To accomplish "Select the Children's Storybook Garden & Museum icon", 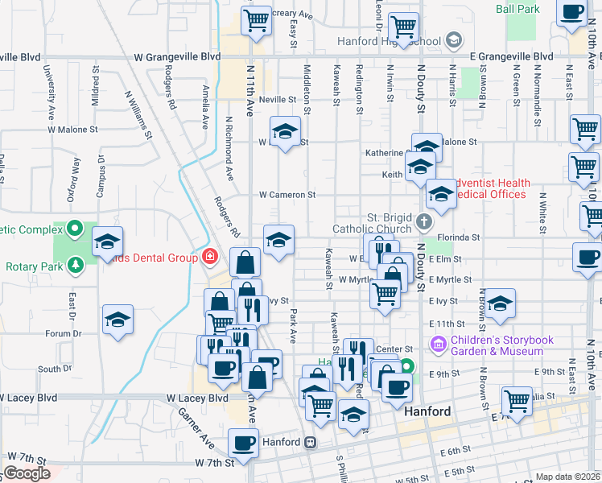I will pos(439,345).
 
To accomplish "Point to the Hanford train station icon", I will pos(309,442).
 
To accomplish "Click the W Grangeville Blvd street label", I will pos(177,57).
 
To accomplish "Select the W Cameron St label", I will pos(287,195).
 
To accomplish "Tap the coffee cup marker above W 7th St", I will pos(243,442).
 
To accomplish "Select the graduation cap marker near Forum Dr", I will pos(118,320).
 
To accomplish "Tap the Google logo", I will pos(27,473).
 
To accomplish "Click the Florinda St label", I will pos(463,237).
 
